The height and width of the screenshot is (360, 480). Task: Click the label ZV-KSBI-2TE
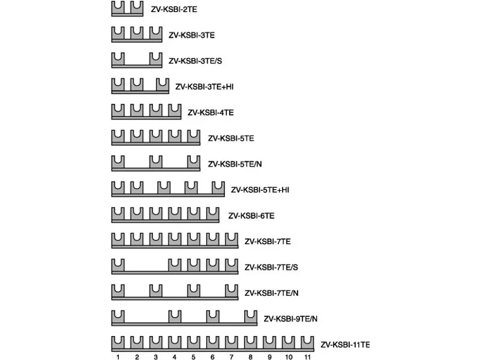click(174, 10)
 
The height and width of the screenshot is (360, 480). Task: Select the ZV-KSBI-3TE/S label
click(196, 61)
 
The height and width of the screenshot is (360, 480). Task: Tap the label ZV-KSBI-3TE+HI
click(205, 87)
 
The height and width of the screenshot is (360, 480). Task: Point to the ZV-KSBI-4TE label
click(211, 113)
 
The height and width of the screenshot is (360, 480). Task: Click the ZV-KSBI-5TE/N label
click(235, 164)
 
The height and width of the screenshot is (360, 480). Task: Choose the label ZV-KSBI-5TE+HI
click(260, 190)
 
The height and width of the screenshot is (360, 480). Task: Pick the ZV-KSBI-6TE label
click(251, 216)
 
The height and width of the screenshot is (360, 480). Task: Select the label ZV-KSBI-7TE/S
click(271, 268)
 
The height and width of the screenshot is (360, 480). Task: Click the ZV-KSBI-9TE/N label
click(290, 319)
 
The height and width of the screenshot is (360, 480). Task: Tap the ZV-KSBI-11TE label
click(346, 344)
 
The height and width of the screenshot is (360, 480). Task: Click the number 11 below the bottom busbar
click(307, 357)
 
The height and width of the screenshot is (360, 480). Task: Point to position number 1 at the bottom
click(118, 357)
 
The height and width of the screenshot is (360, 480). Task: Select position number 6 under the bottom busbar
click(212, 357)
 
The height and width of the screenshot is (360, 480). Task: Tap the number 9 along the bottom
click(269, 357)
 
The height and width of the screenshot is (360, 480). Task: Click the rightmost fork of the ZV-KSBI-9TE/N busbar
click(251, 317)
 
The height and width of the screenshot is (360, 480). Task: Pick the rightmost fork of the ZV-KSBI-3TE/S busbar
click(156, 59)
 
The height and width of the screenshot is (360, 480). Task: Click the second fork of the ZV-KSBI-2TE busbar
click(137, 7)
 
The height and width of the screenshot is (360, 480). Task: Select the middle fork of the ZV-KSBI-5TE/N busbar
click(156, 162)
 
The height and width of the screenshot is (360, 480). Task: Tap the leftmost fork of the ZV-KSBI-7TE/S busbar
click(118, 265)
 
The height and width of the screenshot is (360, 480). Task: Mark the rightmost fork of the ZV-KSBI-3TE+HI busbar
click(163, 85)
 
